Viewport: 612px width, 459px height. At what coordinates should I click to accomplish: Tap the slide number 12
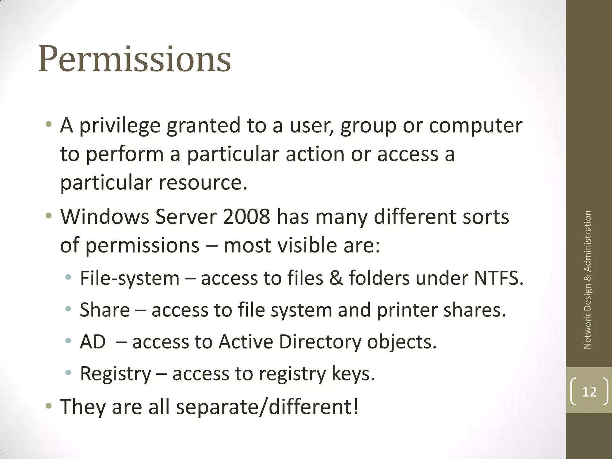pos(589,391)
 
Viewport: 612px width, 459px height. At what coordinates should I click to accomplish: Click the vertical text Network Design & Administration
pos(587,280)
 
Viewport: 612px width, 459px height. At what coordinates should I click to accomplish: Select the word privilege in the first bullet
pos(120,126)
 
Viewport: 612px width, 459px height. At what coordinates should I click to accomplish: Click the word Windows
pos(105,217)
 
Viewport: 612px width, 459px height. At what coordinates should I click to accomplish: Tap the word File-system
pos(130,278)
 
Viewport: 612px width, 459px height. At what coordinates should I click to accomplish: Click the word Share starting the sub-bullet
pos(105,310)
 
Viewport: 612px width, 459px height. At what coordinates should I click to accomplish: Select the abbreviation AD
pos(93,342)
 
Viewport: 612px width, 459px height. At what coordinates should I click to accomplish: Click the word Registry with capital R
pos(116,374)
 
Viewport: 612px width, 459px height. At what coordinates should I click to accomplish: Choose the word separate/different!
pos(267,407)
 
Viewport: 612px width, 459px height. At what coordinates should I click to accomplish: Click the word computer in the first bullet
pos(476,126)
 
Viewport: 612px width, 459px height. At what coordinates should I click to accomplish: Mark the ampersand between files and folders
pos(336,278)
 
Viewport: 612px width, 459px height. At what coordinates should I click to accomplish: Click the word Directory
pos(320,342)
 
